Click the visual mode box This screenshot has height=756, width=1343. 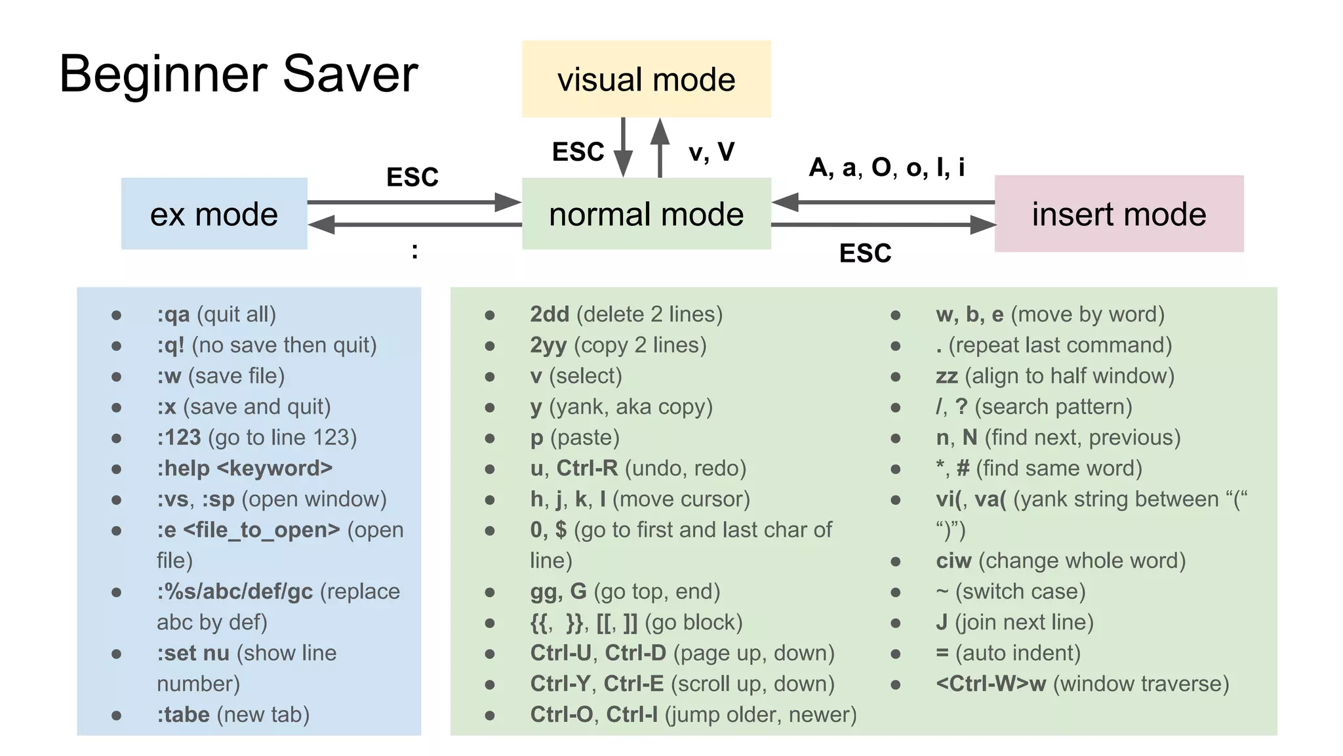646,79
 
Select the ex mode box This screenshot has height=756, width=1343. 214,214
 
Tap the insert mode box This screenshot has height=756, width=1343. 1119,214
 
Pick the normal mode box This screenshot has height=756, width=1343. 646,214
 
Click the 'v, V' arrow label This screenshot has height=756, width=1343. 712,152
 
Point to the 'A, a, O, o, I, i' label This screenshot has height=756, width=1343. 887,167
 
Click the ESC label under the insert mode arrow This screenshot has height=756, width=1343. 865,253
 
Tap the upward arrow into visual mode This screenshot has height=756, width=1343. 660,148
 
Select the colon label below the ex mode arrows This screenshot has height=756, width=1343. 414,250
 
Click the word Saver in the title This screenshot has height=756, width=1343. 350,73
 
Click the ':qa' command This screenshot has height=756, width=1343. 173,314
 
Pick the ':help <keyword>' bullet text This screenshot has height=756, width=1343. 245,469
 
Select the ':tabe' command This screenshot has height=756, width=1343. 183,715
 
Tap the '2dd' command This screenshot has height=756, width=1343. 550,314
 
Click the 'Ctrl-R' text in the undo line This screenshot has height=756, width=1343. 587,469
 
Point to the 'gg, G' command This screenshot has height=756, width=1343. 558,592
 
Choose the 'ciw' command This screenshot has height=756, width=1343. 953,561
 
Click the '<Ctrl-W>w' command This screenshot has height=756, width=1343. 991,684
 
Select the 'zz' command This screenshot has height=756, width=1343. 947,376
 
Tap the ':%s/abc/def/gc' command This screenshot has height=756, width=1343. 235,592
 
